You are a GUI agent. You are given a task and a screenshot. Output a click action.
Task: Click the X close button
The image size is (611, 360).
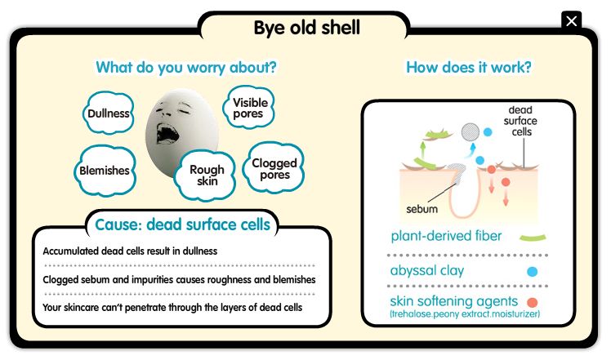pyautogui.click(x=571, y=20)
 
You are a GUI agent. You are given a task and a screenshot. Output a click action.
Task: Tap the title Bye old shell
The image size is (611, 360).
pyautogui.click(x=306, y=28)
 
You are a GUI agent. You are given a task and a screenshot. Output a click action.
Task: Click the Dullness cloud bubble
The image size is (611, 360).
pyautogui.click(x=109, y=113)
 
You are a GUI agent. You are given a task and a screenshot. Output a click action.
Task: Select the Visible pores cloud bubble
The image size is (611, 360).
pyautogui.click(x=249, y=108)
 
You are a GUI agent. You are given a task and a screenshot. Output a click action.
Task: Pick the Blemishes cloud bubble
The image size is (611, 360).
pyautogui.click(x=105, y=171)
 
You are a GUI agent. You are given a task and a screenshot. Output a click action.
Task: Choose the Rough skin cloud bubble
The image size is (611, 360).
pyautogui.click(x=206, y=175)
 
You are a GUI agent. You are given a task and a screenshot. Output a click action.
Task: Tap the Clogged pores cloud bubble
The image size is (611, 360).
pyautogui.click(x=274, y=168)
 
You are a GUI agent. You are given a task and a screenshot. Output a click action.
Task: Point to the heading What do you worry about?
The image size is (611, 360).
pyautogui.click(x=186, y=68)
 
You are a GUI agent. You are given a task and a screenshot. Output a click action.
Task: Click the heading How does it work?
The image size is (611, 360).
pyautogui.click(x=469, y=68)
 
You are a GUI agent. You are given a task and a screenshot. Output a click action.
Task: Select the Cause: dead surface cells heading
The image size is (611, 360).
pyautogui.click(x=182, y=224)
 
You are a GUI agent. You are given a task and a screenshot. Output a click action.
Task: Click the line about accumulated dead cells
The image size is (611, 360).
pyautogui.click(x=130, y=251)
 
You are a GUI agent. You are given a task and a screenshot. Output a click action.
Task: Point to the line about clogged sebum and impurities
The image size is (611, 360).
pyautogui.click(x=179, y=279)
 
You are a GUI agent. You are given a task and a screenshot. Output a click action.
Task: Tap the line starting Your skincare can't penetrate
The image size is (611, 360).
pyautogui.click(x=172, y=308)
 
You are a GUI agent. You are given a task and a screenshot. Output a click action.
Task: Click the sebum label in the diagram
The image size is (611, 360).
pyautogui.click(x=421, y=209)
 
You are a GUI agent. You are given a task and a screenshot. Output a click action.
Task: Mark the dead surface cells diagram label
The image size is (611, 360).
pyautogui.click(x=520, y=121)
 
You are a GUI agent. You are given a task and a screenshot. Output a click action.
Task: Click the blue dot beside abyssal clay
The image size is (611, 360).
pyautogui.click(x=533, y=272)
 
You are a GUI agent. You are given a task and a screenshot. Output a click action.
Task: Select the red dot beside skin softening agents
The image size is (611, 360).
pyautogui.click(x=533, y=302)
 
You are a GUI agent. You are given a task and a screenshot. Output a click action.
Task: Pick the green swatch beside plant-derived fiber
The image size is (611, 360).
pyautogui.click(x=533, y=238)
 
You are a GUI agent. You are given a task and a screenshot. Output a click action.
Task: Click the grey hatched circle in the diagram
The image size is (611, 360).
pyautogui.click(x=471, y=132)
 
